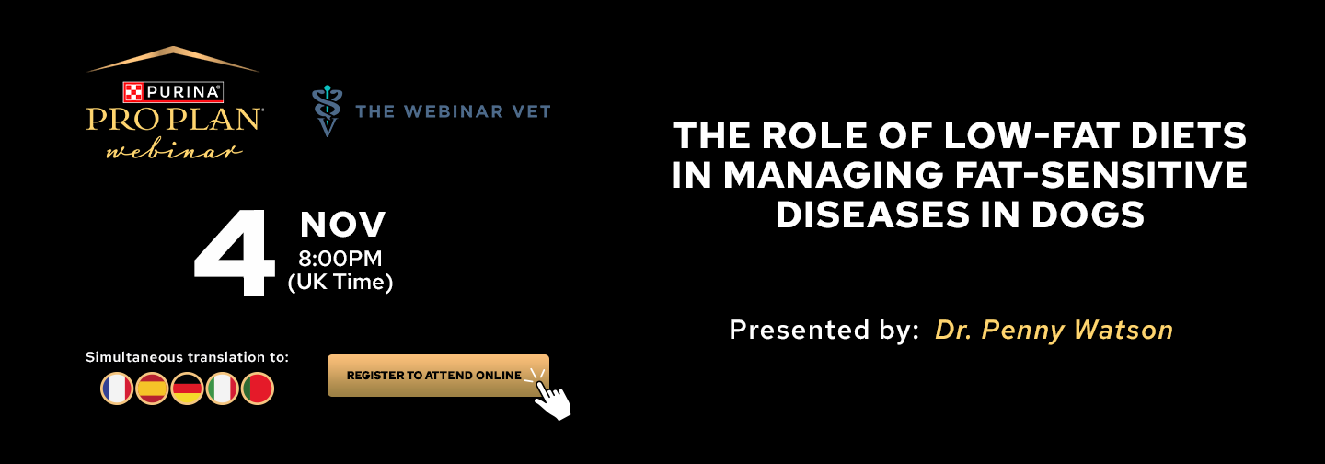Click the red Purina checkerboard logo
(x=133, y=92)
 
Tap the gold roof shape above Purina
(x=173, y=59)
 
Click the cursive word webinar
(x=174, y=151)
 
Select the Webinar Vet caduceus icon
(x=328, y=110)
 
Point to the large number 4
(x=235, y=251)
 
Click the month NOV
(x=342, y=225)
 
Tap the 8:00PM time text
(x=340, y=259)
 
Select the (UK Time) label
(x=340, y=283)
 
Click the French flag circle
(x=117, y=389)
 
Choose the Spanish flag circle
(x=152, y=389)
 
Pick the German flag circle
(x=187, y=389)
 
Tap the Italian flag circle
(x=223, y=389)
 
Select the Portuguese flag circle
(x=258, y=389)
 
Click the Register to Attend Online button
(x=438, y=376)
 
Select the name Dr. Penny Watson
(x=1054, y=331)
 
